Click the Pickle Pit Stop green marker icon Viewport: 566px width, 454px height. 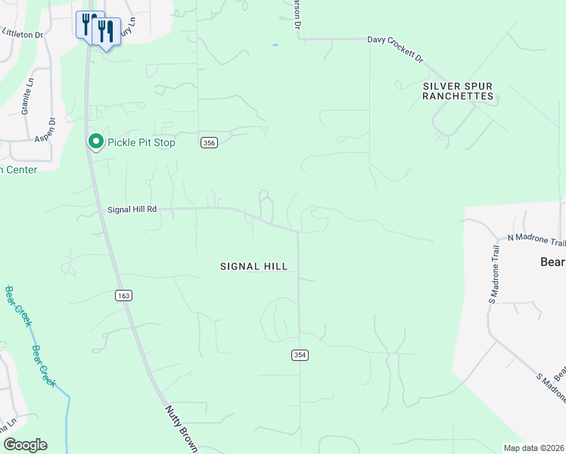pyautogui.click(x=96, y=141)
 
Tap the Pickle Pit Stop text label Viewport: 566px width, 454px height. pyautogui.click(x=141, y=142)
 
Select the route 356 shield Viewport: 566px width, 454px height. pyautogui.click(x=210, y=142)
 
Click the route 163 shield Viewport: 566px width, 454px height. pyautogui.click(x=124, y=295)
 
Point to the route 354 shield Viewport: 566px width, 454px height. pyautogui.click(x=300, y=355)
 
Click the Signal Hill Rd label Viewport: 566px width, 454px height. pyautogui.click(x=132, y=210)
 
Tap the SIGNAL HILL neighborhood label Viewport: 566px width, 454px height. pyautogui.click(x=253, y=266)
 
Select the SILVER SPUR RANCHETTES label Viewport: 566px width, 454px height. pyautogui.click(x=458, y=92)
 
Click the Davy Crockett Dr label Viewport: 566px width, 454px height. pyautogui.click(x=395, y=47)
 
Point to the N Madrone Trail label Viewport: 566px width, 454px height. pyautogui.click(x=536, y=241)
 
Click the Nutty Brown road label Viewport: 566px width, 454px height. pyautogui.click(x=182, y=428)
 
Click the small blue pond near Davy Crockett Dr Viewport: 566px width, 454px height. pyautogui.click(x=275, y=45)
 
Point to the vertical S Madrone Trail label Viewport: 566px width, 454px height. pyautogui.click(x=494, y=275)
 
